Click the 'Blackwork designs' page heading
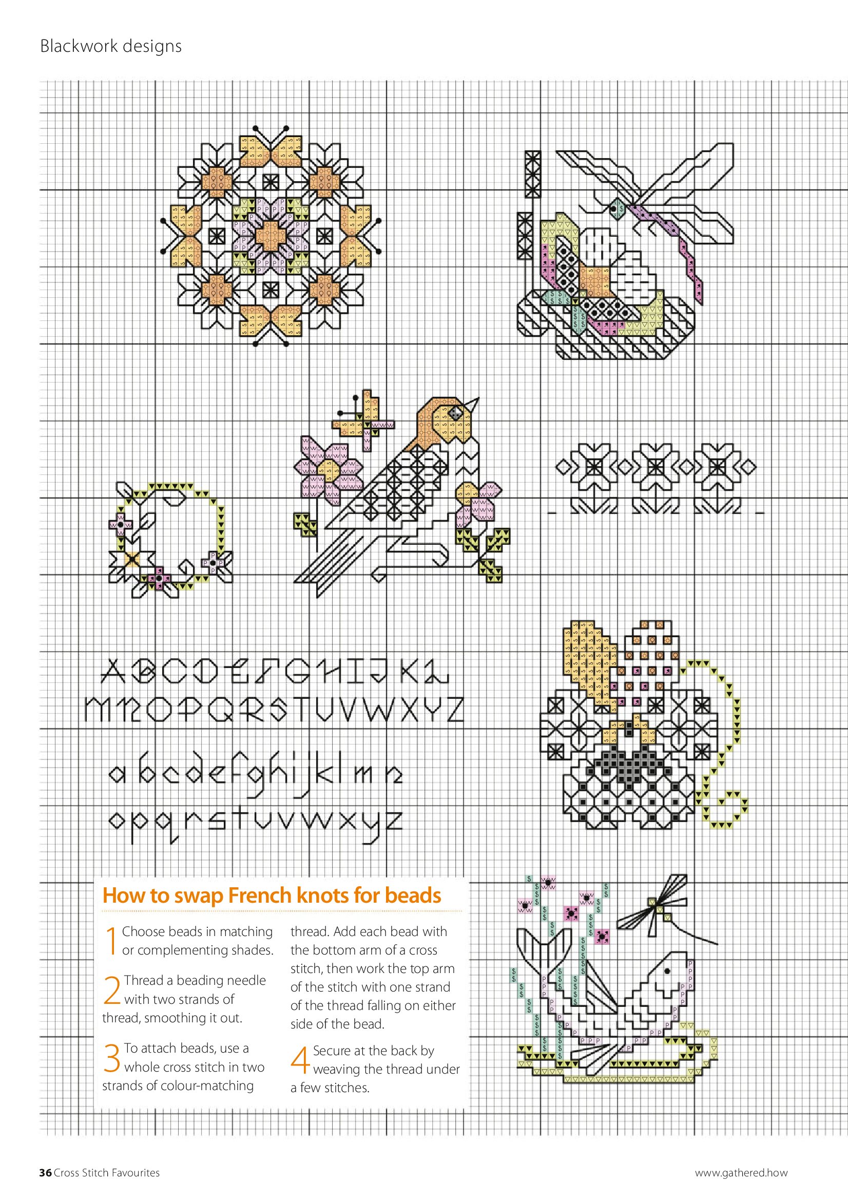point(111,47)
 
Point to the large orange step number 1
point(110,941)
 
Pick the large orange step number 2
point(112,991)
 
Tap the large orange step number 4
point(300,1060)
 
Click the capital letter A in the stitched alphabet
point(113,672)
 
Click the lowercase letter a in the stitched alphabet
point(117,774)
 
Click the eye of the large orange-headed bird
point(457,413)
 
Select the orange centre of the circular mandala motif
point(271,235)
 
